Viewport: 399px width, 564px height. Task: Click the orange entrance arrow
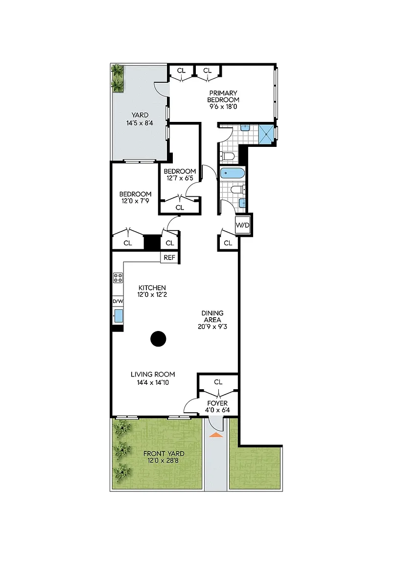[216, 435]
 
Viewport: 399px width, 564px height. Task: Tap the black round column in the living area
[158, 338]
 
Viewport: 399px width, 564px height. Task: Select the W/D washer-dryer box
[242, 225]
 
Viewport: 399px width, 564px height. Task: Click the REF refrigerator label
[169, 258]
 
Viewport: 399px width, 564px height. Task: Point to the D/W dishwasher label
[117, 301]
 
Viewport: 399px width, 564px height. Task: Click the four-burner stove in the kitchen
[118, 277]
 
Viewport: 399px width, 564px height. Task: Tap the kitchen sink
[118, 316]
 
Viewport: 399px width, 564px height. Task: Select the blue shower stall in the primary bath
[267, 135]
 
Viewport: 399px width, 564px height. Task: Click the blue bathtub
[233, 174]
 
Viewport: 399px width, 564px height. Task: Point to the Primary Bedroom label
[223, 96]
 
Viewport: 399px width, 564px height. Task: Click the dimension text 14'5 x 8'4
[140, 123]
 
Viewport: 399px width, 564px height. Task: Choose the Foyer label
[217, 403]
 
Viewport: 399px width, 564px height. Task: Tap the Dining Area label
[212, 317]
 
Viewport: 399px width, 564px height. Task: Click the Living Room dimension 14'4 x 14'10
[153, 382]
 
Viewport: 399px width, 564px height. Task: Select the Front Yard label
[164, 453]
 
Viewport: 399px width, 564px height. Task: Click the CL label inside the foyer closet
[218, 382]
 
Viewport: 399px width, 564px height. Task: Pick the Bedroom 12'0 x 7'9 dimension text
[135, 201]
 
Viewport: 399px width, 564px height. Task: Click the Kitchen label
[152, 288]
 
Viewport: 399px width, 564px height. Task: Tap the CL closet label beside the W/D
[228, 243]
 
